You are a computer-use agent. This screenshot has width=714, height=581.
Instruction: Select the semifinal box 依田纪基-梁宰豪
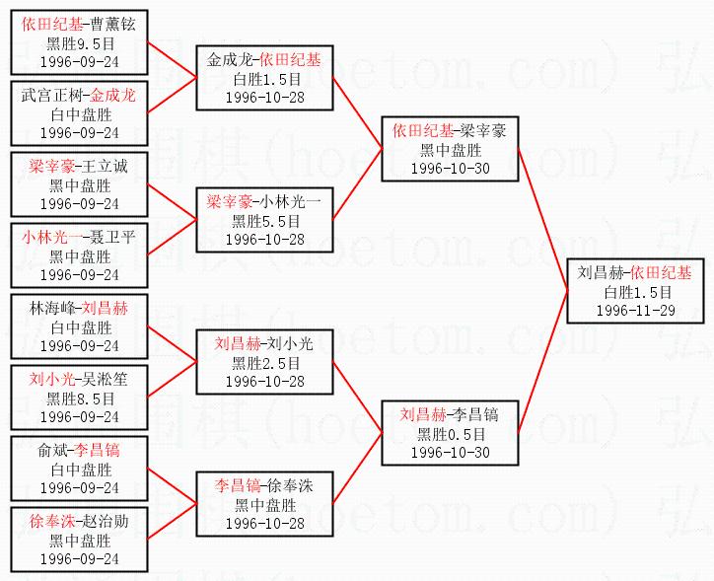pyautogui.click(x=449, y=149)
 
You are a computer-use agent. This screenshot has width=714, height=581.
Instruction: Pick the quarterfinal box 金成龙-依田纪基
pyautogui.click(x=265, y=78)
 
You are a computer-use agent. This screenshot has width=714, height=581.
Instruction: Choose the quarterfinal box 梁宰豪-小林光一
pyautogui.click(x=265, y=220)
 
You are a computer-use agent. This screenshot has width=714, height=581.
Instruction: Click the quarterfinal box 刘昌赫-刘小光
pyautogui.click(x=263, y=362)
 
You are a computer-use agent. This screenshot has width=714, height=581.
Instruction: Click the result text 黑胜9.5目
pyautogui.click(x=80, y=42)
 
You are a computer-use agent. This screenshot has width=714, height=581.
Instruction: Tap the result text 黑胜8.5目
pyautogui.click(x=80, y=398)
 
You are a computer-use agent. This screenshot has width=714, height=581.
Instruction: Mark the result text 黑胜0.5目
pyautogui.click(x=450, y=433)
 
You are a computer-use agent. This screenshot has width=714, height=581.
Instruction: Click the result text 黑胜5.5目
pyautogui.click(x=265, y=221)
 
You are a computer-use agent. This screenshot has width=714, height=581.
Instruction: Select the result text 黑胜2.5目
pyautogui.click(x=263, y=363)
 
